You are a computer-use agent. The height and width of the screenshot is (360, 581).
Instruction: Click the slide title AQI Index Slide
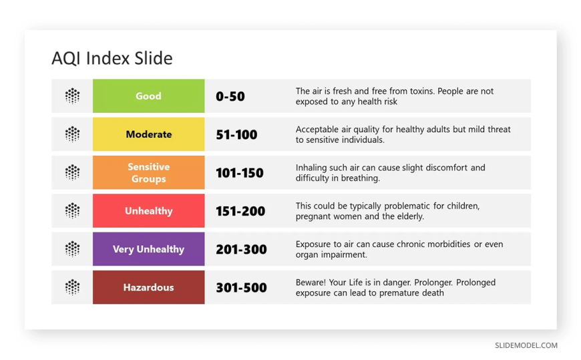(x=112, y=58)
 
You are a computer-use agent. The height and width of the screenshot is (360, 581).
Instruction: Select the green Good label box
(x=148, y=96)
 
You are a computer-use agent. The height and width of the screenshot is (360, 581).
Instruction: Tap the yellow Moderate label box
(x=148, y=134)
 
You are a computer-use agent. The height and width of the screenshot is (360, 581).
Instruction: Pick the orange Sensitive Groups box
(x=148, y=172)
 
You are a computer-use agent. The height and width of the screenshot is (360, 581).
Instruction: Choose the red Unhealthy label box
(x=148, y=210)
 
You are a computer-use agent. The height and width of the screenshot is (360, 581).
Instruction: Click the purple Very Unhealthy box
(x=148, y=248)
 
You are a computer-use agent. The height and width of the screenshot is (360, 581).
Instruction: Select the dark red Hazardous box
(x=148, y=287)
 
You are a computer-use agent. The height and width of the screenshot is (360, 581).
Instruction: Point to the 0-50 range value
(x=230, y=96)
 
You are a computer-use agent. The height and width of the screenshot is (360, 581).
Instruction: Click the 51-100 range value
(x=236, y=135)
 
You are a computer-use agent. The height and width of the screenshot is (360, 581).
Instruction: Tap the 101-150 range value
(x=240, y=173)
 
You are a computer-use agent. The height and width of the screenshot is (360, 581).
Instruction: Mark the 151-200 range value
(x=240, y=211)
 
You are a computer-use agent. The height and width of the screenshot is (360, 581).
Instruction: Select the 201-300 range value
(x=241, y=249)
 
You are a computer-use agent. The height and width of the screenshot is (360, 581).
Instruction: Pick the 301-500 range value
(x=241, y=288)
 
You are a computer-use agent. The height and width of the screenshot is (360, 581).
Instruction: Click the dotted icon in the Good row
(x=72, y=96)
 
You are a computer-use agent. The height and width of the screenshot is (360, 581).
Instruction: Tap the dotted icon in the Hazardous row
(x=72, y=287)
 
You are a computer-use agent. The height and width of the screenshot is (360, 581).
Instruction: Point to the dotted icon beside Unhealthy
(x=72, y=210)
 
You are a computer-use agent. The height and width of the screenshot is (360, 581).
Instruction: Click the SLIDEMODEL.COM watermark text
(x=526, y=345)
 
